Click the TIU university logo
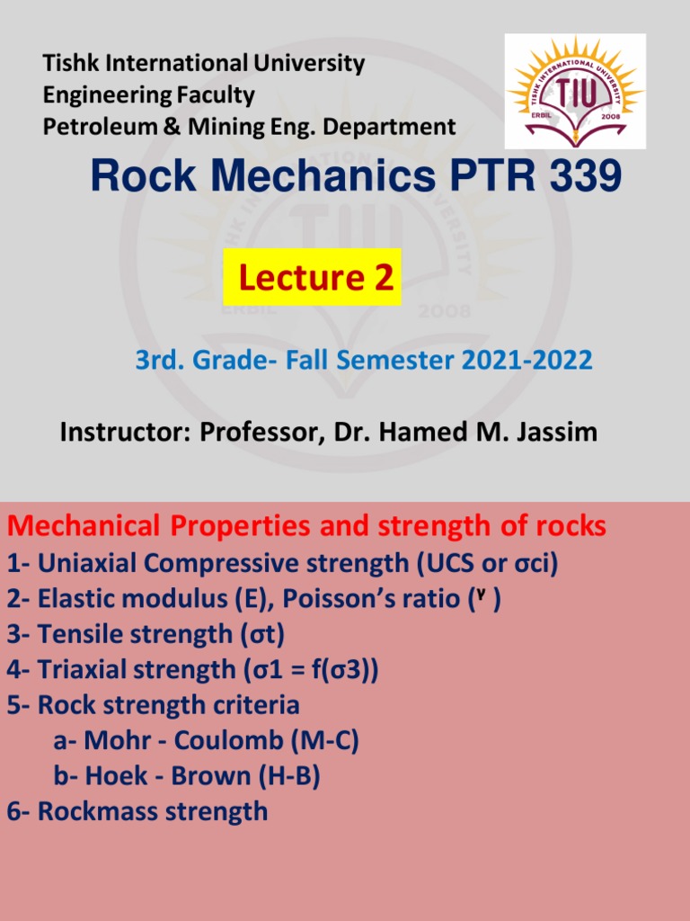(x=575, y=91)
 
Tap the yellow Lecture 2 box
(x=312, y=278)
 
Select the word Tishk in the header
(x=71, y=64)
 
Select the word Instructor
(x=122, y=432)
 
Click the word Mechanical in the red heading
(x=88, y=526)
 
